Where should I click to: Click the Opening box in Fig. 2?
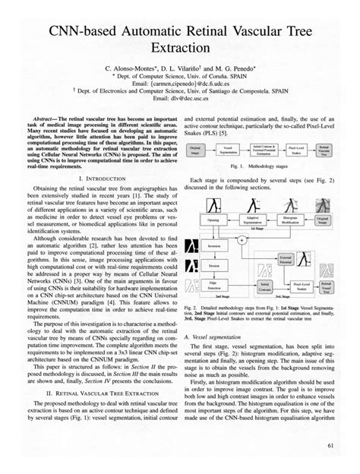tap(212, 220)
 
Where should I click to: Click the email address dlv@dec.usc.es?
tap(180, 99)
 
